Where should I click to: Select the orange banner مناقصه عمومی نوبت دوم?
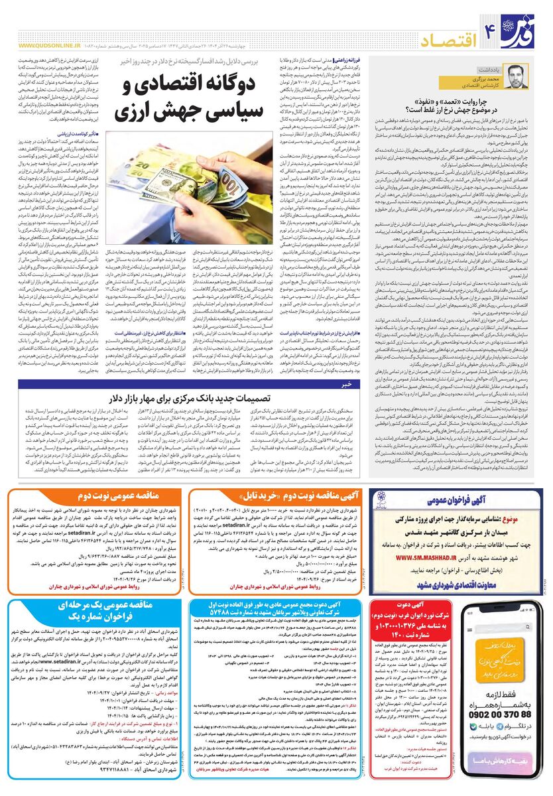point(109,496)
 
